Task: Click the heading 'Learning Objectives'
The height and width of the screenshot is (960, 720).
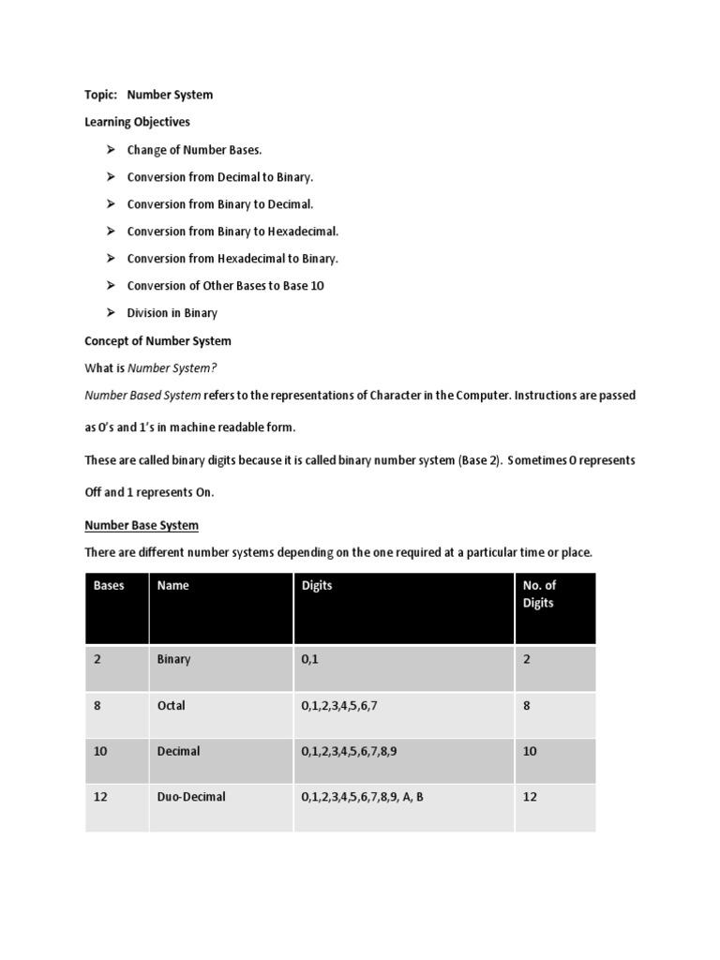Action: point(137,122)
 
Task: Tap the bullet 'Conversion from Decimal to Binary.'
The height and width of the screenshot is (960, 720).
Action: point(220,177)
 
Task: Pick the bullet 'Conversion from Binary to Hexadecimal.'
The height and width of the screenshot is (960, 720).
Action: point(232,232)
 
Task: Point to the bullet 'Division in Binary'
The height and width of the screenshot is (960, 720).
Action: point(172,313)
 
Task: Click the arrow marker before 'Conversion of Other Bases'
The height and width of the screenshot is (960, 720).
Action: point(109,286)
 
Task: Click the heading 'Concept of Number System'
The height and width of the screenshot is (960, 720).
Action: point(157,340)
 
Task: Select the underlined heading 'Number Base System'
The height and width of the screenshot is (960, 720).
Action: point(142,525)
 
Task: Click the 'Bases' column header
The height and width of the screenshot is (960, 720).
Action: point(109,586)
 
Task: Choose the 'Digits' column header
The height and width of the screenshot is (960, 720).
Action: point(317,586)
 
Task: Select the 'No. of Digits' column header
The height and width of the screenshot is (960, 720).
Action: point(539,594)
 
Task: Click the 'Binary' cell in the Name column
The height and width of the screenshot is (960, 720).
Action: point(173,659)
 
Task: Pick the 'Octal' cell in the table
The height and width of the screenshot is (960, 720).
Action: point(172,705)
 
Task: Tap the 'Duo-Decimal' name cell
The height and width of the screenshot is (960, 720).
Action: point(191,797)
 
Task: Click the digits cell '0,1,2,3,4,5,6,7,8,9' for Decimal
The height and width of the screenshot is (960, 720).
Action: point(355,751)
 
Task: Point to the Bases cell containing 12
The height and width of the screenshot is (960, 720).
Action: point(101,797)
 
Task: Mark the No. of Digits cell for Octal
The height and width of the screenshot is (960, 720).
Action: point(527,705)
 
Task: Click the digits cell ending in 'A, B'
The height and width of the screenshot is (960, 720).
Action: point(363,797)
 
